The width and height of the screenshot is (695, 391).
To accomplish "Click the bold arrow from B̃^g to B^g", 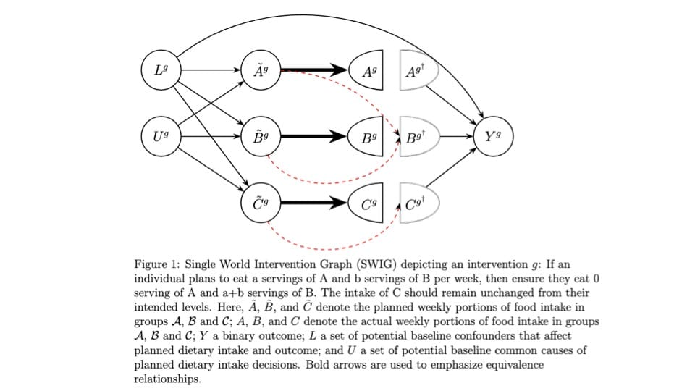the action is [x=314, y=137].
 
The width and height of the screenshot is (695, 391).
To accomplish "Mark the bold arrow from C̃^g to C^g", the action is [x=314, y=203].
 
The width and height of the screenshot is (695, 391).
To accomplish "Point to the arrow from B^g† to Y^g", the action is [x=456, y=137].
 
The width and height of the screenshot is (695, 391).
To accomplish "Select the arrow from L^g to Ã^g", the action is [x=211, y=70].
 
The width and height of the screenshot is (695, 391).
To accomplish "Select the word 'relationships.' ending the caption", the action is [x=167, y=379].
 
